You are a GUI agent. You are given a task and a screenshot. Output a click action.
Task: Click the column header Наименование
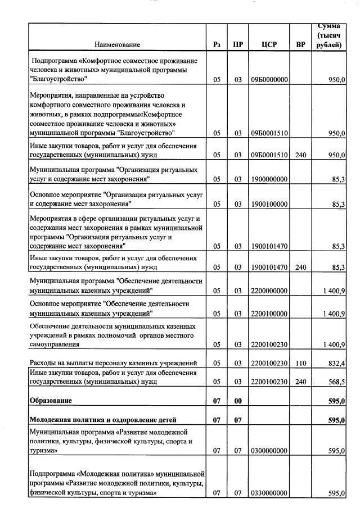(117, 44)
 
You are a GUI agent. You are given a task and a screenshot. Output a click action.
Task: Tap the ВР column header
(300, 44)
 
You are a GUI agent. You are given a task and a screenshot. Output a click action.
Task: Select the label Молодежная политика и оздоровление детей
(103, 420)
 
